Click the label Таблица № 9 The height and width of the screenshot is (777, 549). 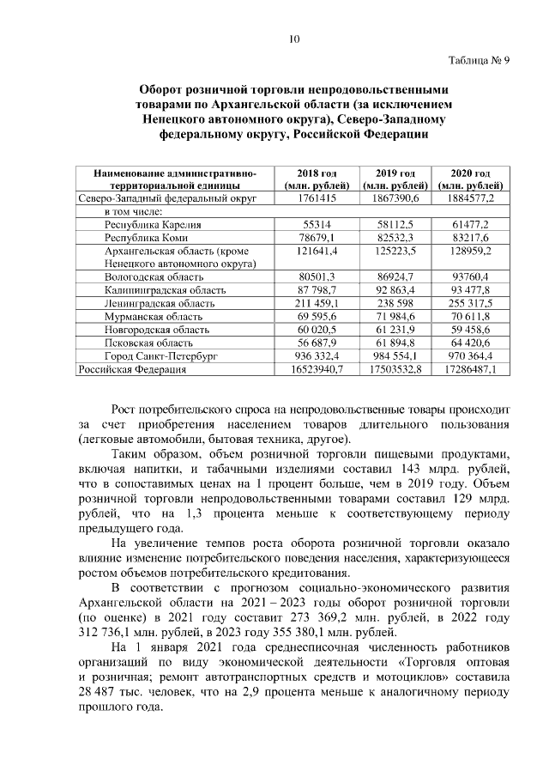pos(479,60)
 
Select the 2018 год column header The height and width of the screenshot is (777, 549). pos(317,178)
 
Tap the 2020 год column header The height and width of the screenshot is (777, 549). pos(471,178)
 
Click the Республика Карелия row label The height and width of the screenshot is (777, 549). pos(146,223)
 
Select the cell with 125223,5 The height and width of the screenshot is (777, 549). pos(389,250)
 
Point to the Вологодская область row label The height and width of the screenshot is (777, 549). pos(154,278)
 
